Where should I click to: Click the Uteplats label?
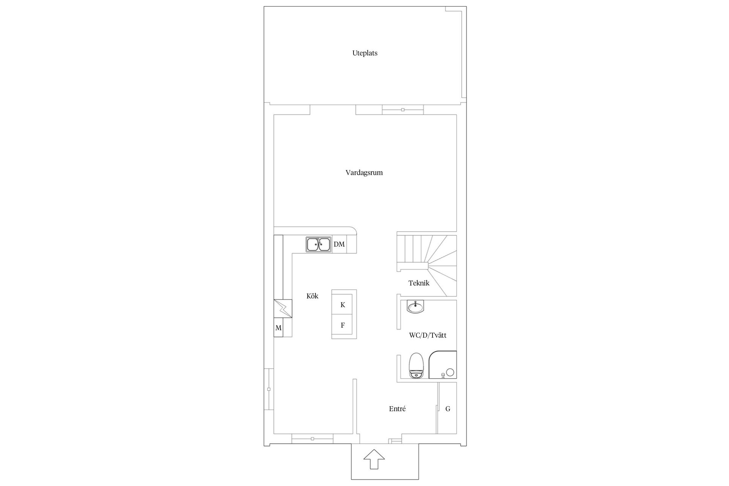[x=364, y=53]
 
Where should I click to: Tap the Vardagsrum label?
[x=364, y=173]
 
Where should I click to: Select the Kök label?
[x=312, y=296]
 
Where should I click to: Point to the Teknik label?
[x=418, y=283]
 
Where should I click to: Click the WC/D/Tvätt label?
[x=428, y=335]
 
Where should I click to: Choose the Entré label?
[x=397, y=409]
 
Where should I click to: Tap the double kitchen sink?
[x=319, y=245]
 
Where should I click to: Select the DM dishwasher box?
[x=339, y=245]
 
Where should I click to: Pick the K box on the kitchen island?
[x=343, y=305]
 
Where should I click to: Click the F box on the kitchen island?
[x=343, y=325]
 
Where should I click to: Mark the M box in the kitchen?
[x=278, y=328]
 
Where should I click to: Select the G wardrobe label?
[x=448, y=409]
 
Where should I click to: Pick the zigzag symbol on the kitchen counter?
[x=283, y=309]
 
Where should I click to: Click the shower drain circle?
[x=450, y=372]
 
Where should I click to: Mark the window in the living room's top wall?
[x=402, y=110]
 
